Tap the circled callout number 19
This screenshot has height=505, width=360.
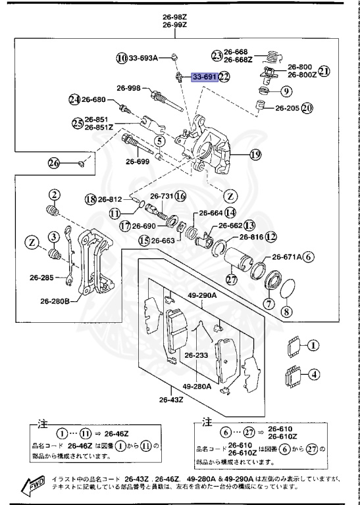pos(255,155)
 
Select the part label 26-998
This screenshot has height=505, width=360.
pos(129,88)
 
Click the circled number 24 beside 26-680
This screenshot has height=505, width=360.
pos(74,100)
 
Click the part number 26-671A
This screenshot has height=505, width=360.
pos(284,258)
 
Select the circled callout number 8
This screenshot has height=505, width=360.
pos(285,312)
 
